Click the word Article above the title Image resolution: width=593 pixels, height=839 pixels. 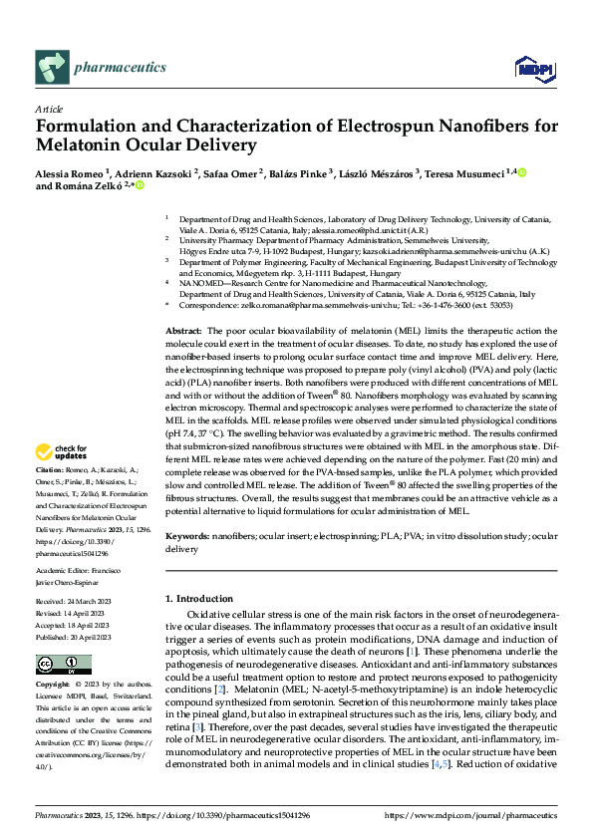[49, 109]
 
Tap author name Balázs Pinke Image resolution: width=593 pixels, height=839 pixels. [300, 174]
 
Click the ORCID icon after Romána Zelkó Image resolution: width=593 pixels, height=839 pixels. [141, 186]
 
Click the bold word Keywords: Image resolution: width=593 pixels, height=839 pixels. [186, 535]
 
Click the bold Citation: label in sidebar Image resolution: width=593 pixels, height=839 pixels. [50, 468]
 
